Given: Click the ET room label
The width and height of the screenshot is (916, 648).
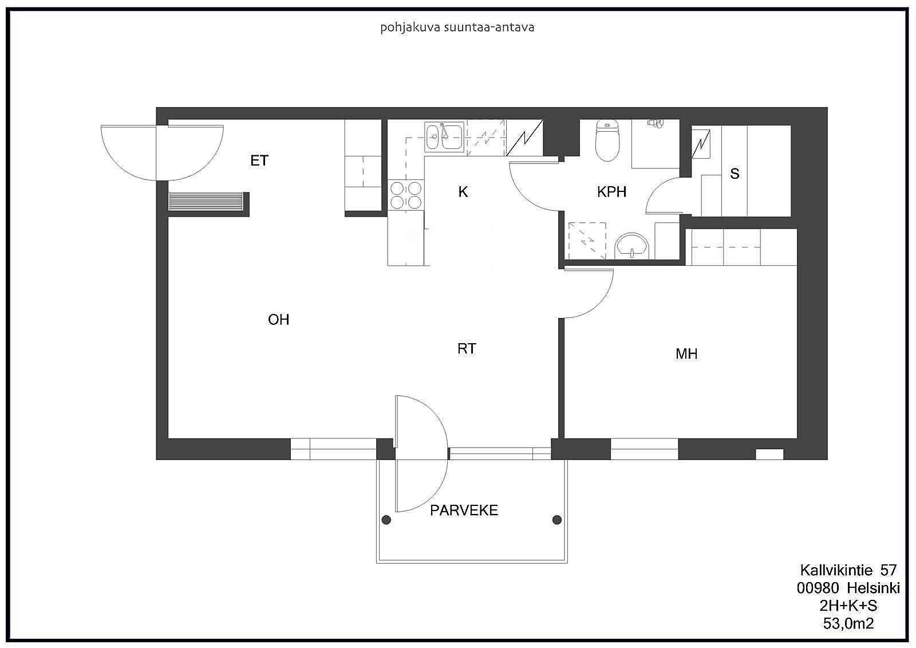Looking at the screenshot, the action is (259, 160).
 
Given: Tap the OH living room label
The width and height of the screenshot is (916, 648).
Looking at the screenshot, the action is (278, 319).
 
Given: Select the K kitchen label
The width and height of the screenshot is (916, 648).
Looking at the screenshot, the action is (463, 191).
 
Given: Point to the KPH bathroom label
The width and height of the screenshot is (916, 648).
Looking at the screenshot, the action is (611, 191).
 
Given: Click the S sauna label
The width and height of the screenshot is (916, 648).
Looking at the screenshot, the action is (735, 174).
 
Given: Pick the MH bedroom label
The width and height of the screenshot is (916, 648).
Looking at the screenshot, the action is (686, 354).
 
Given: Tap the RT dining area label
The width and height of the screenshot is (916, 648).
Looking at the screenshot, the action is (467, 348).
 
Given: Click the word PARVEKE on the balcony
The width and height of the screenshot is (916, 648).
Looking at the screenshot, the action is (464, 510).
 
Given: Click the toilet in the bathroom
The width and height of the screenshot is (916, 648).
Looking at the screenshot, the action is (607, 140).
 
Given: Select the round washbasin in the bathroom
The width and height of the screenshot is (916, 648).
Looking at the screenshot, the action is (632, 246).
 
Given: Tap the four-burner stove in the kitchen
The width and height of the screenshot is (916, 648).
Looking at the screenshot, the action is (406, 195).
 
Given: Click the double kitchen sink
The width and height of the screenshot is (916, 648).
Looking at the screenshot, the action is (444, 137).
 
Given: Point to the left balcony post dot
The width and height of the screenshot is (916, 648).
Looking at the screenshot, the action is (386, 520).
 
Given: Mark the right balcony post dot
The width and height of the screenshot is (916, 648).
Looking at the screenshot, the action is (556, 520).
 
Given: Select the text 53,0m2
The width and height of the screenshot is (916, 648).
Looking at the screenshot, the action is (848, 623).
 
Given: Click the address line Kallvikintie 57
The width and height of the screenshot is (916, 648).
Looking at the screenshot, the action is (848, 570).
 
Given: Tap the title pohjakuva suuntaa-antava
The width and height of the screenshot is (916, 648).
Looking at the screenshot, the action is (457, 28).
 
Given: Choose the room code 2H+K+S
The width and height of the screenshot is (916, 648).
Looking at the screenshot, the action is (848, 606).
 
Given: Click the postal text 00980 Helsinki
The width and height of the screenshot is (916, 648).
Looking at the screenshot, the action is (848, 588).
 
